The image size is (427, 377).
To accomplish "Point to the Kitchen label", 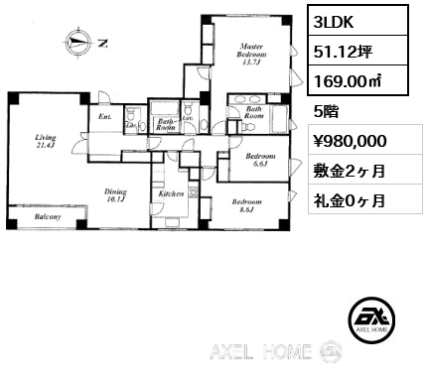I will click(171, 195).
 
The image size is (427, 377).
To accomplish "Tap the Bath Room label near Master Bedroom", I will click(255, 112).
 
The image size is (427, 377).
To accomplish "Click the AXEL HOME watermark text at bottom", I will click(264, 352).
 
